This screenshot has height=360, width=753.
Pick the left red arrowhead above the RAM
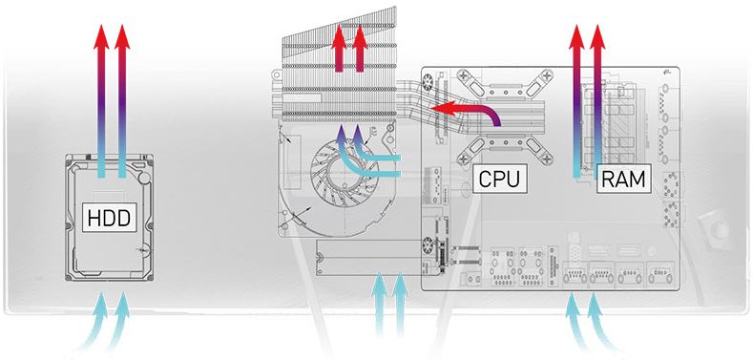point(575,36)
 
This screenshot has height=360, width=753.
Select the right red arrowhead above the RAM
point(598,36)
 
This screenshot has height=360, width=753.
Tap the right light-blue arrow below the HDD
point(122,315)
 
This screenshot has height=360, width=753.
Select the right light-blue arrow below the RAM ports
point(595,315)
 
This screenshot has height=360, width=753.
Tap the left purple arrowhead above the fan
point(341,133)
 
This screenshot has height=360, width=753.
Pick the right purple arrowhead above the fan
point(358,133)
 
